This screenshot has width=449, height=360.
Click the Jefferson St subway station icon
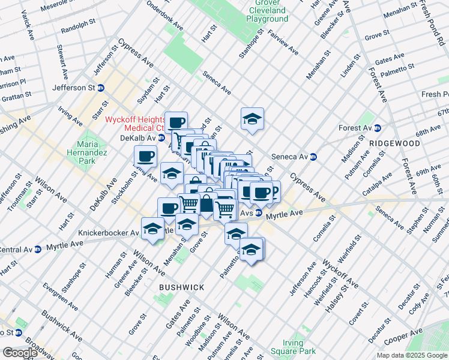coord(101,88)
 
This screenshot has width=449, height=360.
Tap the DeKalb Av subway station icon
coord(161,137)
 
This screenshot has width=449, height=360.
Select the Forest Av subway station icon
coord(377,128)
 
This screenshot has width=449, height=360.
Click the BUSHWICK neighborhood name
coord(182,288)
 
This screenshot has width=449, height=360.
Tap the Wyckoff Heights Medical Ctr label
coord(136,124)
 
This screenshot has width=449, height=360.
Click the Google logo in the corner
coord(19,352)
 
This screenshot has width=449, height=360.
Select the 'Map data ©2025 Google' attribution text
coord(412,355)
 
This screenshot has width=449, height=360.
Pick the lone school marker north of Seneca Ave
coord(252,119)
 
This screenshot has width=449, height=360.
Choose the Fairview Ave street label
coord(284,43)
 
